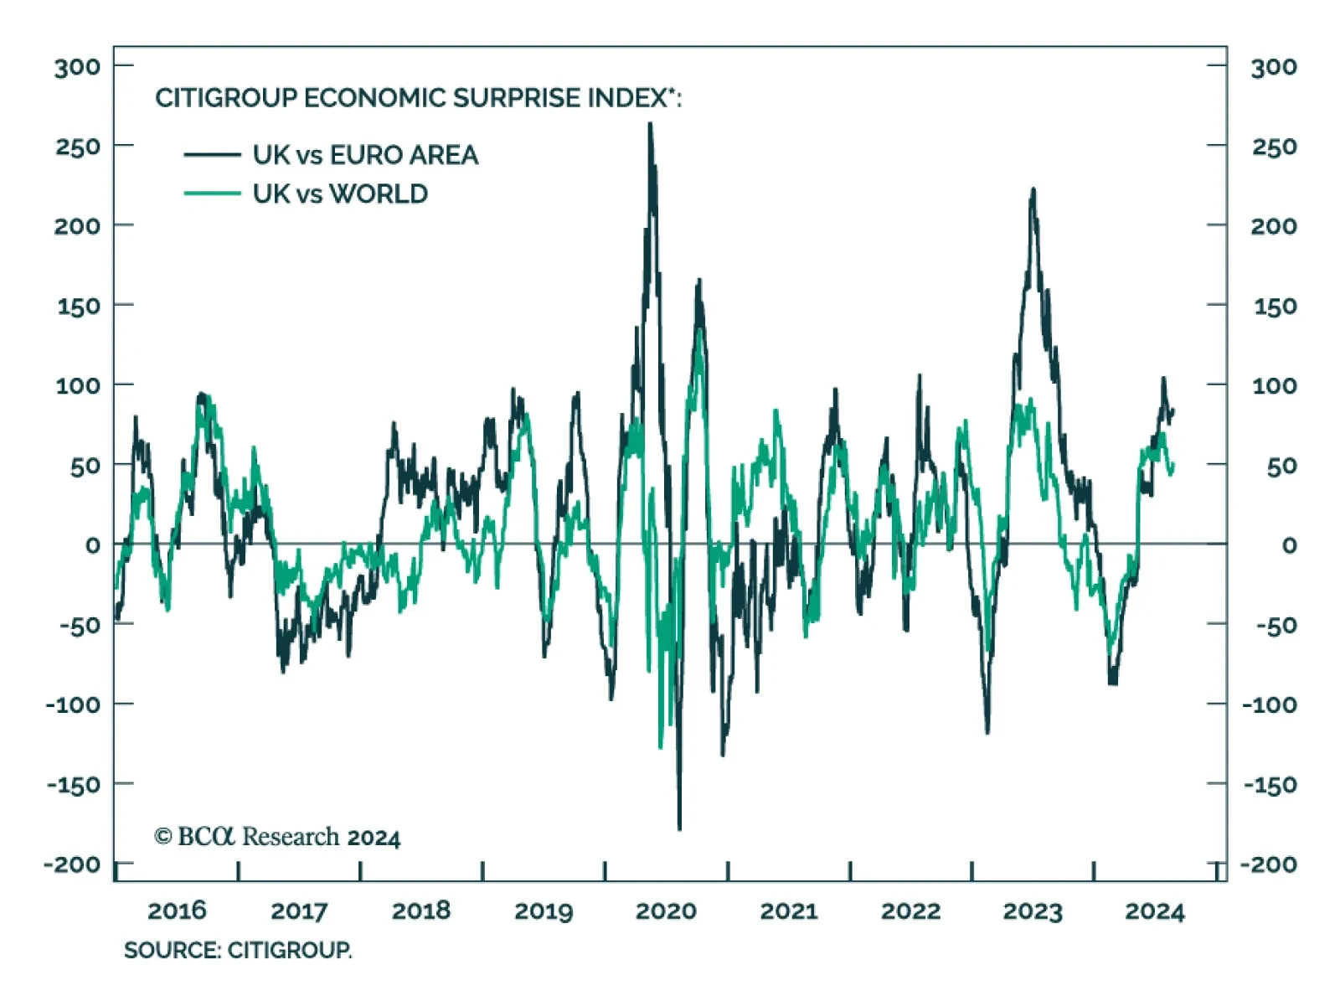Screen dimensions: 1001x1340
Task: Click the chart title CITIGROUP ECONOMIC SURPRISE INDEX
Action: [418, 98]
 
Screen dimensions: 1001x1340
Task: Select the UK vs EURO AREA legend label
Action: [365, 155]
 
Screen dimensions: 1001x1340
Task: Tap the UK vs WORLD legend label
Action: [340, 194]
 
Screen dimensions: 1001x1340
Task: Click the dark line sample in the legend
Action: [212, 155]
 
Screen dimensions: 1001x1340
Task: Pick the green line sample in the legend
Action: [212, 194]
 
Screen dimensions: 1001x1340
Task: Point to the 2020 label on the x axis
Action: [666, 911]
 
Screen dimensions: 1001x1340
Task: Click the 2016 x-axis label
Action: [177, 911]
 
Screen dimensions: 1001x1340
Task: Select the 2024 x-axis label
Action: [1155, 911]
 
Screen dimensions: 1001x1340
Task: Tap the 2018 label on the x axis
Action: [421, 911]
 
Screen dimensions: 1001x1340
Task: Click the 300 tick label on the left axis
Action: [77, 67]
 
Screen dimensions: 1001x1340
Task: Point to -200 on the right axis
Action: [1269, 864]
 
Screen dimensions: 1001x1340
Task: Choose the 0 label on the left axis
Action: [93, 545]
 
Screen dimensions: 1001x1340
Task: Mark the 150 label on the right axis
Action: [1275, 307]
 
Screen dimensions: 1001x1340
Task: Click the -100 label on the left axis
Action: [73, 704]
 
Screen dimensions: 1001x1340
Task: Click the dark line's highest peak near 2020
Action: [650, 125]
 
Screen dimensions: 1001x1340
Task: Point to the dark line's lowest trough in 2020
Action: [679, 828]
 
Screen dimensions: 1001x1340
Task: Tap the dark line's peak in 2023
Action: [1033, 189]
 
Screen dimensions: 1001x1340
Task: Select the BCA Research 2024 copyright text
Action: [277, 837]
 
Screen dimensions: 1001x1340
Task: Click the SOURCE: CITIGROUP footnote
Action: [238, 951]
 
